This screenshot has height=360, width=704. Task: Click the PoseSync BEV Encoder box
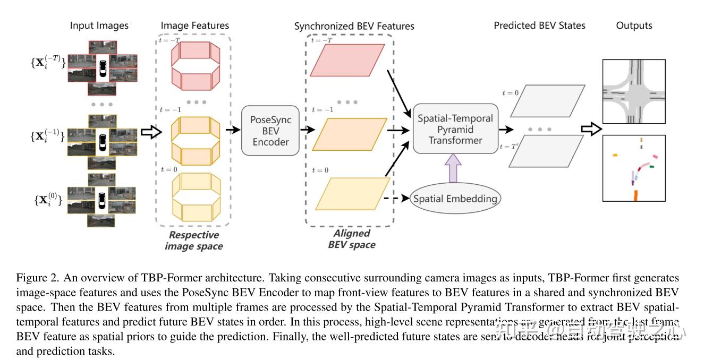(x=270, y=131)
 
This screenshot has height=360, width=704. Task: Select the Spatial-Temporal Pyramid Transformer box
(x=455, y=130)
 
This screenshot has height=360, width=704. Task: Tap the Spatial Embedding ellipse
(x=455, y=199)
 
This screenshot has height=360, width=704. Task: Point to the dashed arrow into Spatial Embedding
(x=396, y=199)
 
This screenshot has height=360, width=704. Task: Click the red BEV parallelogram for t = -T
(x=347, y=59)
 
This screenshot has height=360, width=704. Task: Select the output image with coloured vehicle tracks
(x=634, y=168)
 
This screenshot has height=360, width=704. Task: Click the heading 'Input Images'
(x=99, y=25)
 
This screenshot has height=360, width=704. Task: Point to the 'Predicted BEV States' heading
(x=539, y=25)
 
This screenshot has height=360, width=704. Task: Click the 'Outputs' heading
(x=634, y=25)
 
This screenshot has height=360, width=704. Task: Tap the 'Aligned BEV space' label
(x=351, y=239)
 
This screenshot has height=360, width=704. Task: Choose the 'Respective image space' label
(x=193, y=240)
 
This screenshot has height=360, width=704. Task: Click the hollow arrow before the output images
(x=590, y=128)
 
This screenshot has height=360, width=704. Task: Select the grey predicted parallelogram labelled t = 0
(x=547, y=100)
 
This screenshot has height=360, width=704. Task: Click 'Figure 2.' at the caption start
(x=35, y=278)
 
